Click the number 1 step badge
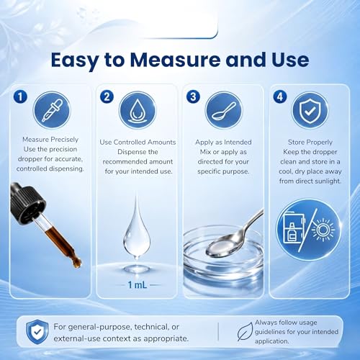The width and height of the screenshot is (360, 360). pos(20,96)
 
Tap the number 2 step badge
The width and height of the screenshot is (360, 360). pos(107,96)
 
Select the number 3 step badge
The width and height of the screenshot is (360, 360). pos(193,96)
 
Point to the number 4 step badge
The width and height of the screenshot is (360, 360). pos(280,96)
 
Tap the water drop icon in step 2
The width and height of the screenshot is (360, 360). pos(138,111)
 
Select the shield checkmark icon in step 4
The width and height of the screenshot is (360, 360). pos(310,110)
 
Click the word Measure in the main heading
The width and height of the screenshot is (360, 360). pos(175,60)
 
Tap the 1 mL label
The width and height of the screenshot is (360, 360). pos(138,285)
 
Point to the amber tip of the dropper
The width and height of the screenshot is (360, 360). pos(77,264)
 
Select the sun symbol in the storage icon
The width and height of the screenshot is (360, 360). pos(323,230)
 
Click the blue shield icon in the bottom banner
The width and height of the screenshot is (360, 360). pos(37,331)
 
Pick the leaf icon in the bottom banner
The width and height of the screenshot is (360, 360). pos(245,332)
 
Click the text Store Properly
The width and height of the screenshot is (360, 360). pos(310,142)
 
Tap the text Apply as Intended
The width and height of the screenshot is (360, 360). pos(223,142)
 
